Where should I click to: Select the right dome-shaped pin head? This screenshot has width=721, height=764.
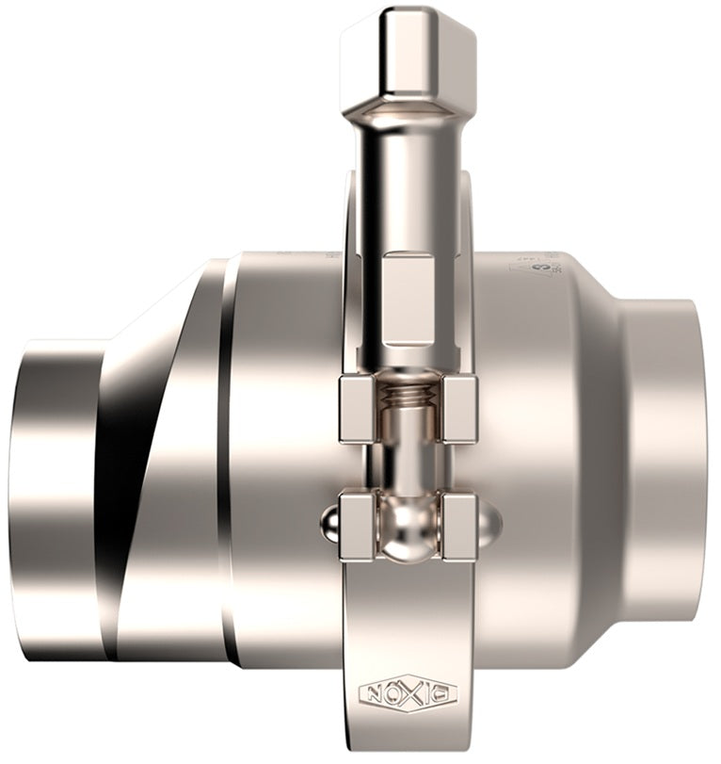pos(489,524)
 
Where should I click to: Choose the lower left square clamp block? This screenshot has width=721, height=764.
pos(358,527)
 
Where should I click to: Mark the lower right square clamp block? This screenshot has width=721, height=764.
pos(458,527)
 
